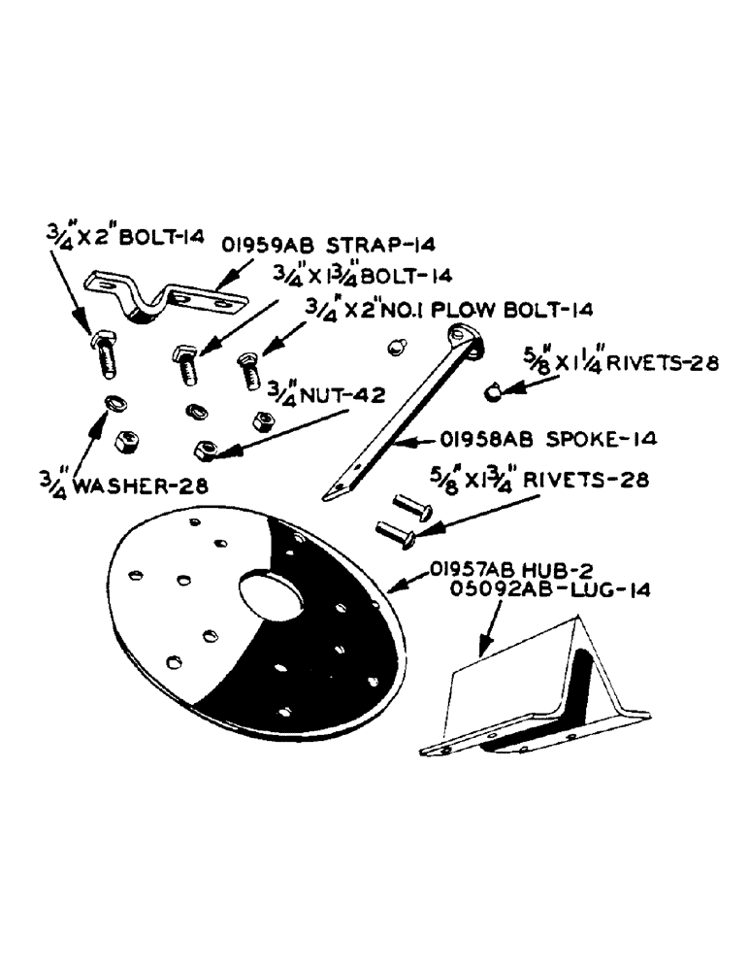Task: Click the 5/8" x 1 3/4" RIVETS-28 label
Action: (551, 480)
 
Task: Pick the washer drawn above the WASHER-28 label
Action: (113, 401)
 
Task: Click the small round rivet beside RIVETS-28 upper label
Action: (493, 391)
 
